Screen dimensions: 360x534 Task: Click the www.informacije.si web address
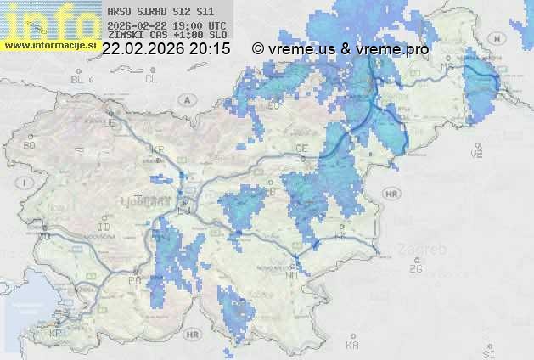point(51,44)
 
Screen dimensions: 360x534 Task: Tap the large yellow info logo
point(47,19)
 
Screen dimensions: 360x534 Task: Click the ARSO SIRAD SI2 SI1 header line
point(160,12)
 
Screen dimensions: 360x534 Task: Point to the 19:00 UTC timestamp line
point(166,25)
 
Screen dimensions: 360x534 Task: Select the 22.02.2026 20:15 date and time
point(166,49)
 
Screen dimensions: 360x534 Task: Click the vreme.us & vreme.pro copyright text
point(340,49)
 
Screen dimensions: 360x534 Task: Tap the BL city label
point(79,79)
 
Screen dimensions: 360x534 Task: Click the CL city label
point(151,79)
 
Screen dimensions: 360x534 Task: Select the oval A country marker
point(186,99)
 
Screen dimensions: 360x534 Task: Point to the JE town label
point(108,123)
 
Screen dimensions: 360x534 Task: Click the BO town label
point(29,145)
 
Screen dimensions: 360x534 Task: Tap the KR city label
point(157,147)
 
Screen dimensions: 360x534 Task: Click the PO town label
point(132,279)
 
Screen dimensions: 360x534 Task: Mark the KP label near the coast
point(56,334)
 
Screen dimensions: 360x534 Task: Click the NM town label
point(293,274)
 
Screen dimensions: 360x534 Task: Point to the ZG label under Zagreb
point(415,268)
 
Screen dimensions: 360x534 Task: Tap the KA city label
point(351,346)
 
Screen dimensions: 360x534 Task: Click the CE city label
point(301,148)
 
